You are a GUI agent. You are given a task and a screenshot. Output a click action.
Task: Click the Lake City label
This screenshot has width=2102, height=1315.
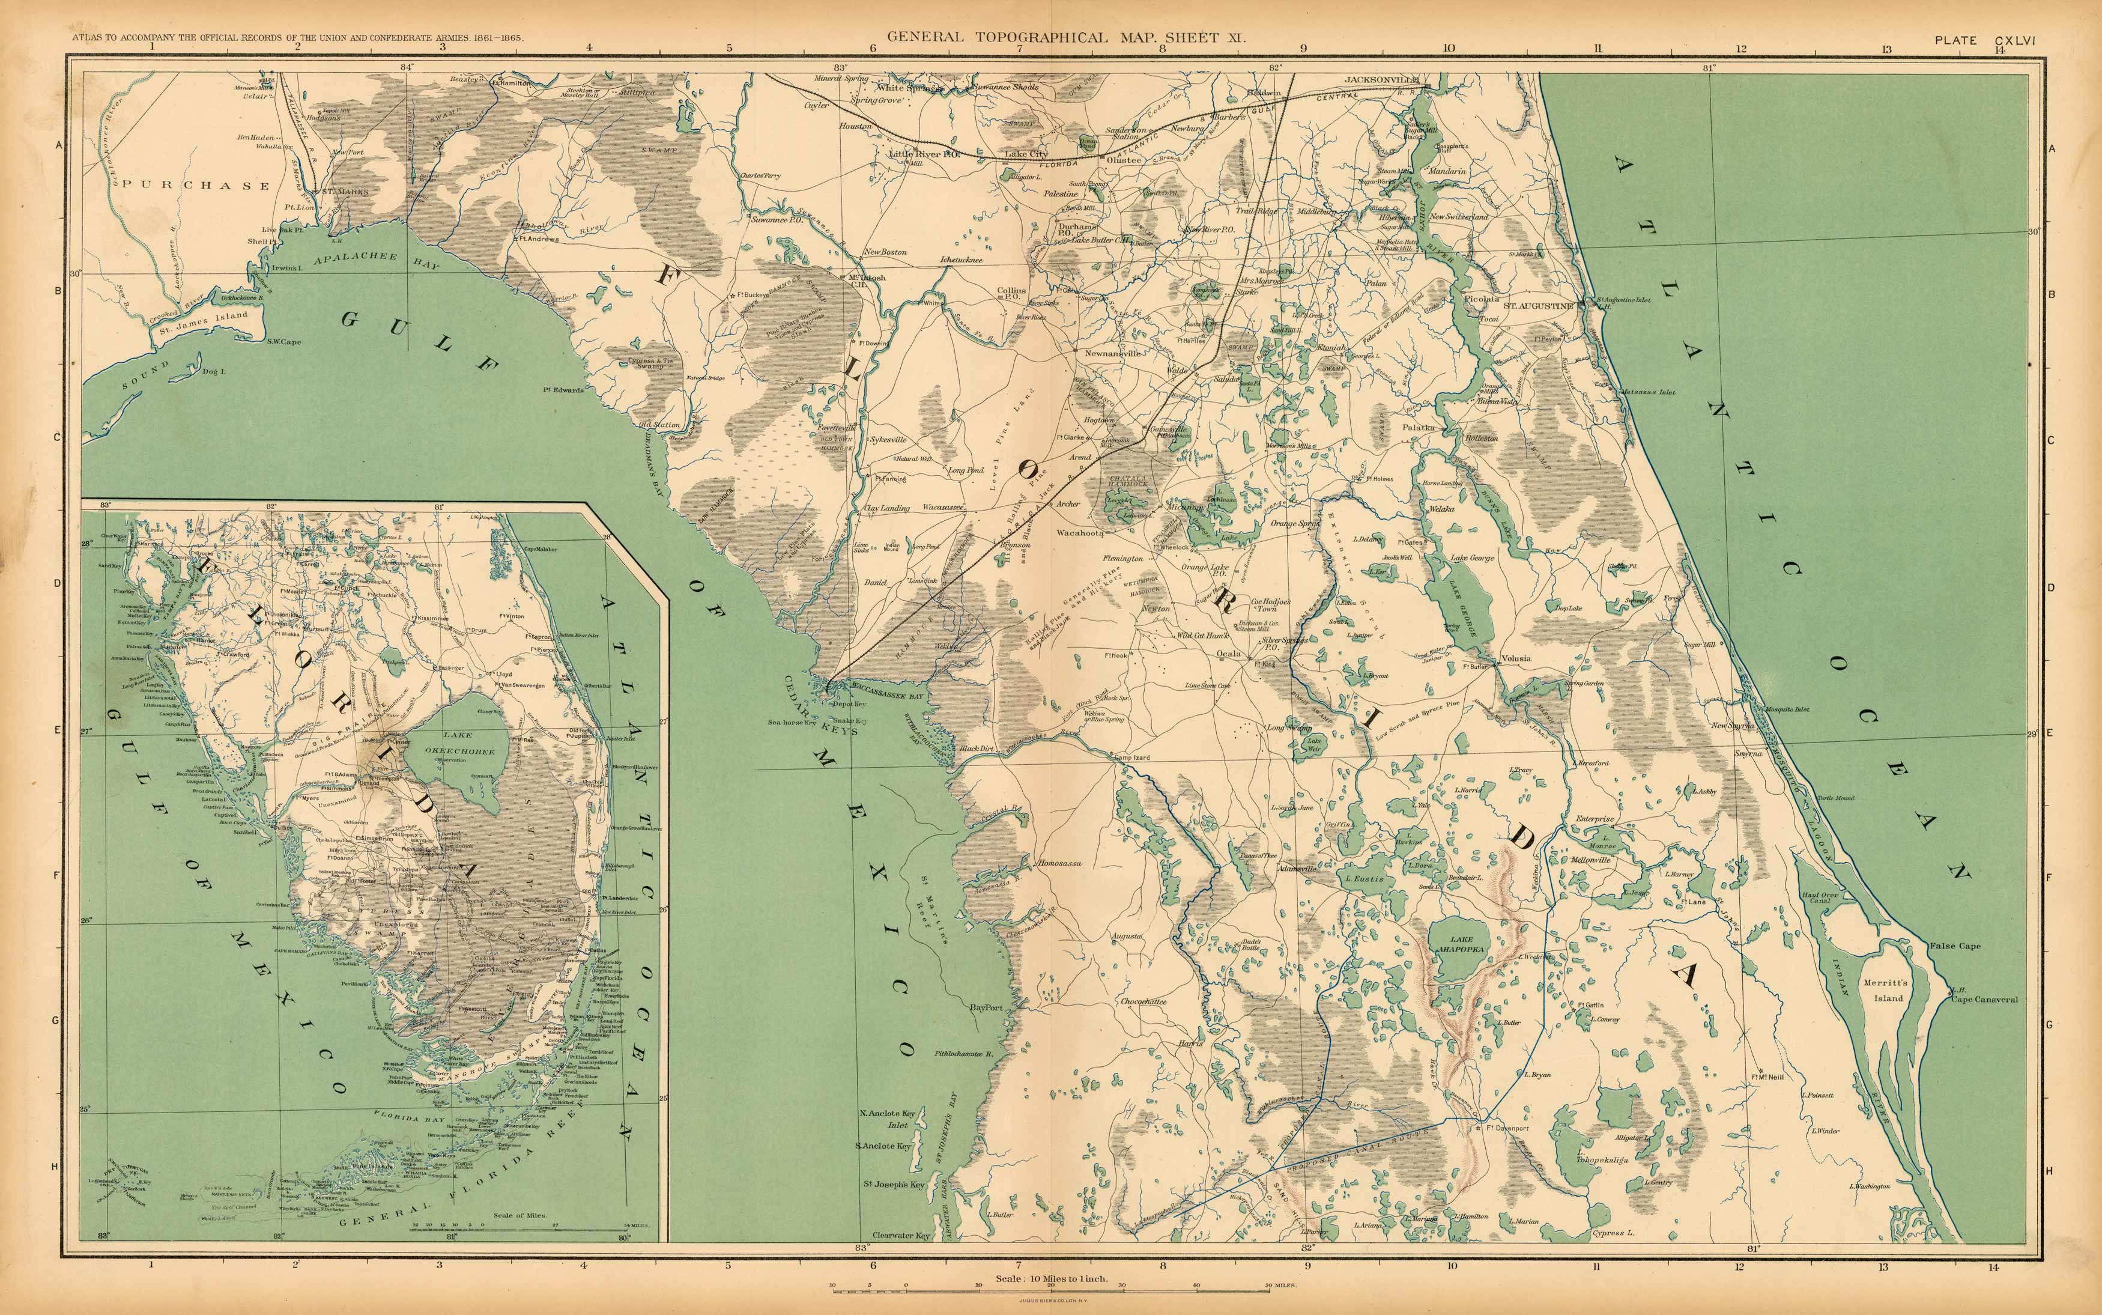[1026, 154]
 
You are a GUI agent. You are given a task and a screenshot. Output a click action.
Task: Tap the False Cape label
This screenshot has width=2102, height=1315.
[1955, 946]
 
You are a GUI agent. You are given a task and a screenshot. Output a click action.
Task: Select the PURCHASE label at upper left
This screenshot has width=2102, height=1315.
[196, 185]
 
